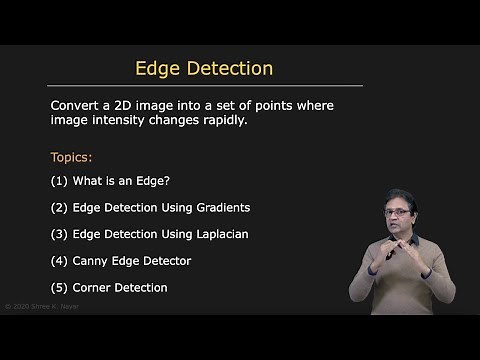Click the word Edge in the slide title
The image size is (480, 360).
click(x=158, y=69)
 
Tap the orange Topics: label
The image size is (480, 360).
click(x=71, y=157)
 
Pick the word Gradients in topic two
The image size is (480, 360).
click(x=220, y=208)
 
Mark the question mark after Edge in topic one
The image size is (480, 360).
click(x=171, y=181)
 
